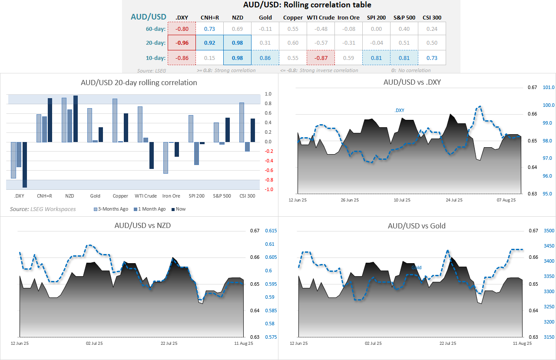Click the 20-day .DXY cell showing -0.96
pos(182,43)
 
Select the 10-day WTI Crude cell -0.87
pos(321,57)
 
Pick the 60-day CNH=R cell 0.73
pos(209,29)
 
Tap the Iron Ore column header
pos(348,18)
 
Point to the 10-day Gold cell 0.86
pos(265,57)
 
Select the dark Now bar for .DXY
pos(25,165)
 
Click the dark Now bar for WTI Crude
pos(151,155)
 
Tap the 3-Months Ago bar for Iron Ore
pos(165,158)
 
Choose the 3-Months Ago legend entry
pos(111,209)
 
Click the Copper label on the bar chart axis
pos(120,196)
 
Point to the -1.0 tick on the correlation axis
pos(268,189)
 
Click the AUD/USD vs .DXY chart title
pos(412,82)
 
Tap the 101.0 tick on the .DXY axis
pos(549,87)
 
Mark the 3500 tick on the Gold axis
pos(549,231)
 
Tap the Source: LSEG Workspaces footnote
pos(43,209)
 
